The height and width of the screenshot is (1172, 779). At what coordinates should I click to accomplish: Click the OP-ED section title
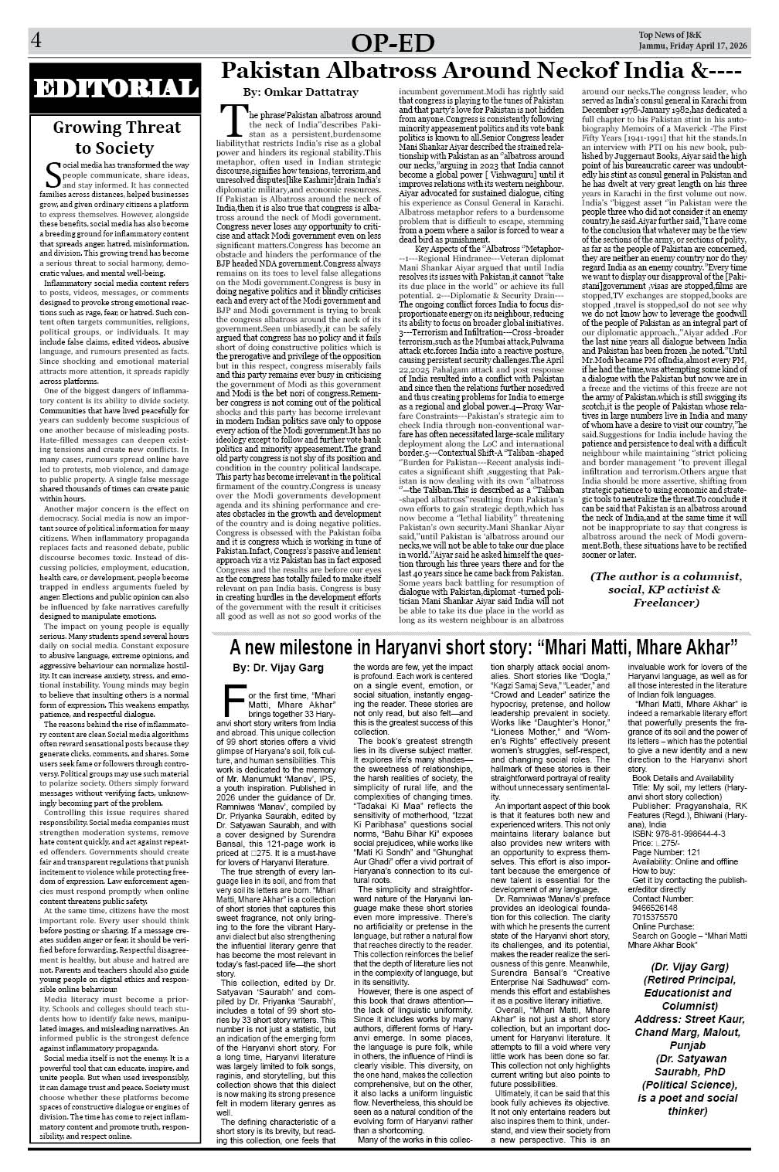pyautogui.click(x=391, y=46)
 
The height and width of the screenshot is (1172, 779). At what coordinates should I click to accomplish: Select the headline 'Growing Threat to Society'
pyautogui.click(x=115, y=138)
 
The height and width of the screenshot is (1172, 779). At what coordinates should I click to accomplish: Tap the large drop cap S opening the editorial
pyautogui.click(x=53, y=175)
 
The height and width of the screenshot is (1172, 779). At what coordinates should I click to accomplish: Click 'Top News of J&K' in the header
pyautogui.click(x=670, y=35)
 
